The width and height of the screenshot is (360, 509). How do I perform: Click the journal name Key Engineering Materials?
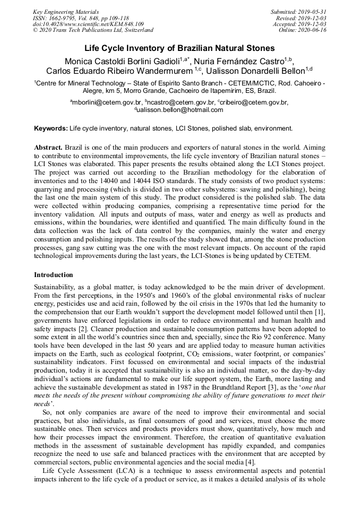coord(66,11)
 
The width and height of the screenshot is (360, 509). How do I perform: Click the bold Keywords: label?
coord(51,128)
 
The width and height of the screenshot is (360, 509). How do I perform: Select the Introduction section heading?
coord(54,275)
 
